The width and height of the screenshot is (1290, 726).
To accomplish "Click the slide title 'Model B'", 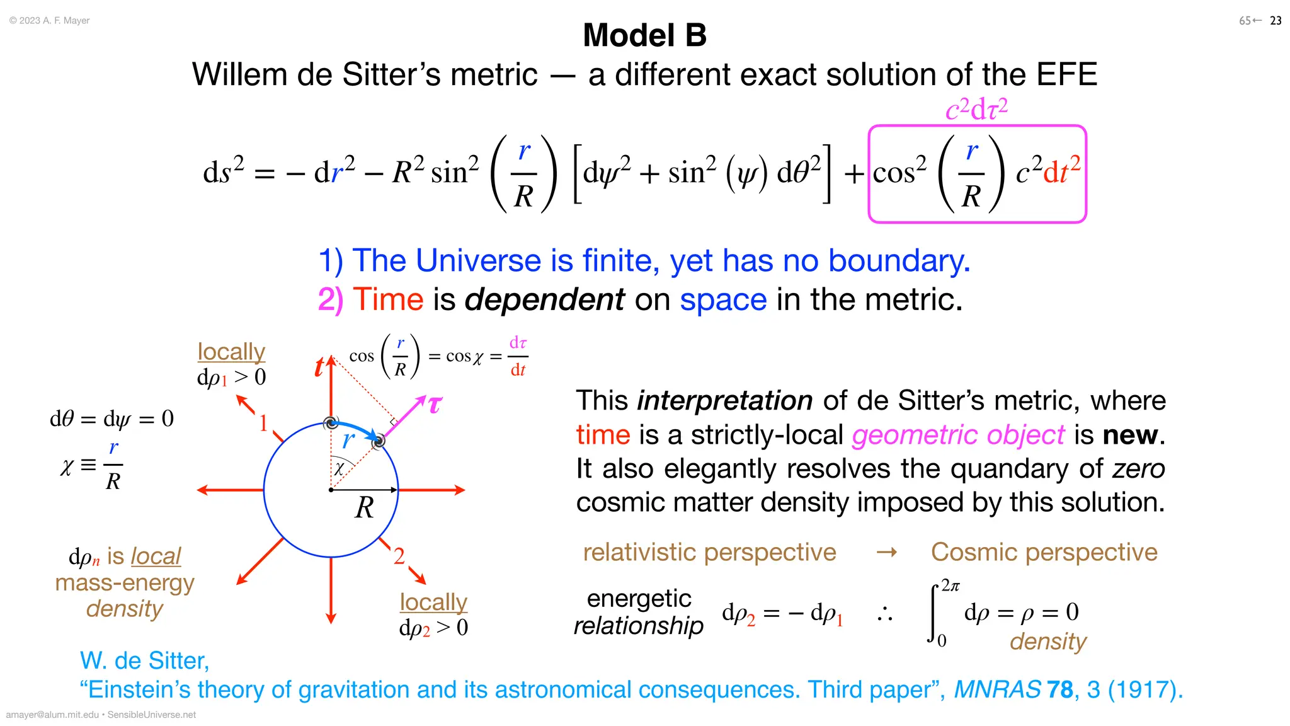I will pyautogui.click(x=644, y=35).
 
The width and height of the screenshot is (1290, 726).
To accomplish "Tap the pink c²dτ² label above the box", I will pyautogui.click(x=976, y=109).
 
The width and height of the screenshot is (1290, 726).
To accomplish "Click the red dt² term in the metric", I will pyautogui.click(x=1061, y=170).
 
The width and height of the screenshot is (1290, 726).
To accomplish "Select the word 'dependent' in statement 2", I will pyautogui.click(x=544, y=299).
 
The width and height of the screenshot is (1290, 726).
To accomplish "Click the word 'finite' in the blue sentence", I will pyautogui.click(x=620, y=260).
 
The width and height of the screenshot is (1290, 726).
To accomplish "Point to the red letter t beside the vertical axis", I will pyautogui.click(x=319, y=367).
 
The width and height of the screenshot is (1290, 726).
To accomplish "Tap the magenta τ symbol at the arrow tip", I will pyautogui.click(x=435, y=404).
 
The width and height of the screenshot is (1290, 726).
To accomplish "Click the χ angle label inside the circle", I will pyautogui.click(x=339, y=468).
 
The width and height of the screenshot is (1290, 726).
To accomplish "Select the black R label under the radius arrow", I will pyautogui.click(x=365, y=507).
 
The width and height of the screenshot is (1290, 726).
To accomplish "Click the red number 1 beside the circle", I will pyautogui.click(x=263, y=423).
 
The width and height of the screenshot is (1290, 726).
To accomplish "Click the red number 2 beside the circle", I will pyautogui.click(x=399, y=556).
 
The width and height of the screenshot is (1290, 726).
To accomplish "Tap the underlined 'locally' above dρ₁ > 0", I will pyautogui.click(x=231, y=352).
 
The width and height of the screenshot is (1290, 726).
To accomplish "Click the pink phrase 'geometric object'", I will pyautogui.click(x=958, y=435).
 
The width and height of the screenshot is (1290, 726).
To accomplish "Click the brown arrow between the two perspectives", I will pyautogui.click(x=886, y=553).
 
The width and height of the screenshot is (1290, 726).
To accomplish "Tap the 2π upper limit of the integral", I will pyautogui.click(x=950, y=586).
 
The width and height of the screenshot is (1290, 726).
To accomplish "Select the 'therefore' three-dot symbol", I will pyautogui.click(x=885, y=613).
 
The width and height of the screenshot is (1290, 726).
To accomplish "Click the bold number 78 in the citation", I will pyautogui.click(x=1059, y=689).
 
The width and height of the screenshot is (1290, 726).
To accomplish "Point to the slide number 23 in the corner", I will pyautogui.click(x=1276, y=21).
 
